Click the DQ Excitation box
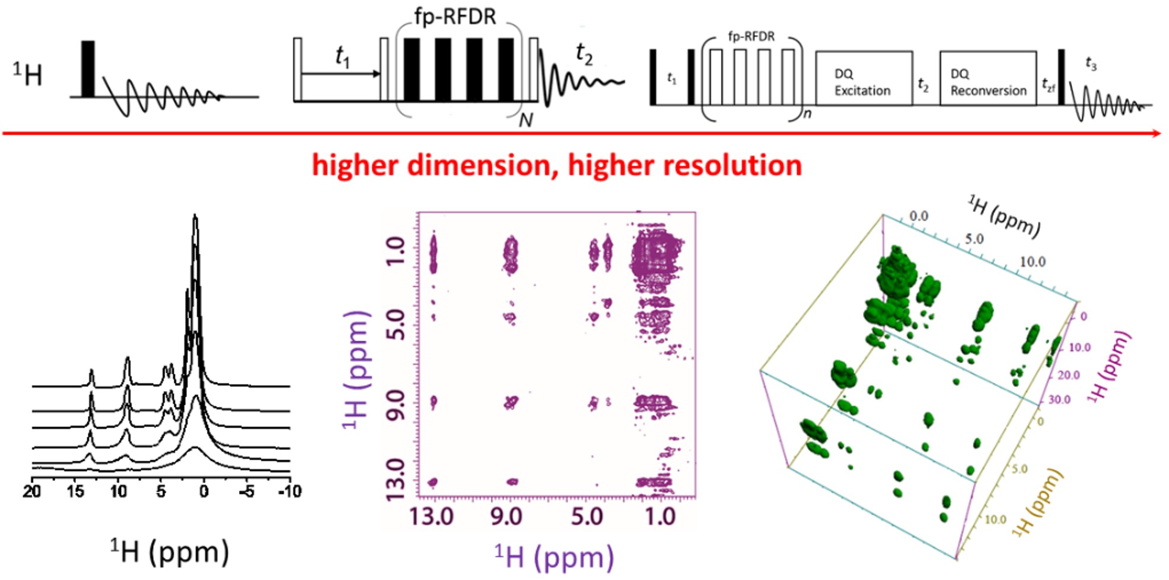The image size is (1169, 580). pyautogui.click(x=863, y=78)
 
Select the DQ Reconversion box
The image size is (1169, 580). pyautogui.click(x=988, y=78)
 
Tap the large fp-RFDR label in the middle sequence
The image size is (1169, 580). pyautogui.click(x=455, y=17)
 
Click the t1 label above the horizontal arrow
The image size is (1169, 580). pyautogui.click(x=342, y=57)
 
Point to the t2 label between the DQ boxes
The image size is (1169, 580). pyautogui.click(x=923, y=84)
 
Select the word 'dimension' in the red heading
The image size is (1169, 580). pyautogui.click(x=482, y=165)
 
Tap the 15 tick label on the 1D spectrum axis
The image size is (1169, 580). pyautogui.click(x=75, y=491)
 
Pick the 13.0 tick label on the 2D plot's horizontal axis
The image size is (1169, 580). pyautogui.click(x=431, y=517)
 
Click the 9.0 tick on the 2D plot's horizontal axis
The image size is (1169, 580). pyautogui.click(x=506, y=517)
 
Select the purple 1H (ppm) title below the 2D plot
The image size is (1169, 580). pyautogui.click(x=554, y=557)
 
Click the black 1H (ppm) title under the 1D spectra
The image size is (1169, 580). pyautogui.click(x=170, y=552)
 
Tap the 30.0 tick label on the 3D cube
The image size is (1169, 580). pyautogui.click(x=1059, y=400)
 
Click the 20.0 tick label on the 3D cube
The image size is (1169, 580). pyautogui.click(x=1068, y=375)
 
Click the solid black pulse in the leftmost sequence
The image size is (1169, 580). pyautogui.click(x=88, y=68)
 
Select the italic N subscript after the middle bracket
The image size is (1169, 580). pyautogui.click(x=525, y=120)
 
